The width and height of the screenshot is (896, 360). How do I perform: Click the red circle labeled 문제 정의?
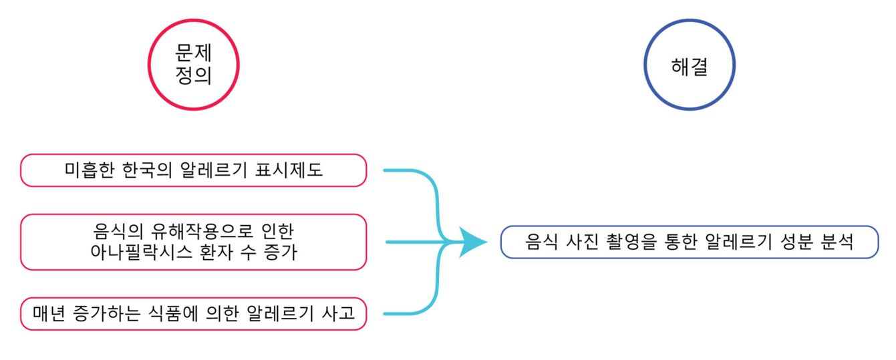point(193,65)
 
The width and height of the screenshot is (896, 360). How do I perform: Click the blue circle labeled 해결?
point(689,65)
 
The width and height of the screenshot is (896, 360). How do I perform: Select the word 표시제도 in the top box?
point(289,170)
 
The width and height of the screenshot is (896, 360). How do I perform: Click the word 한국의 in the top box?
point(148,170)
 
